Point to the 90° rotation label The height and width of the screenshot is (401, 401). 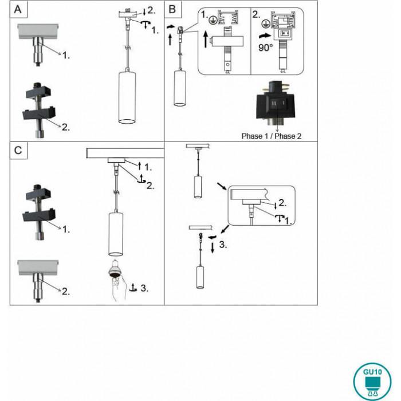pyautogui.click(x=266, y=48)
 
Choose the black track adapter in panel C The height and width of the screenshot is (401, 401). pyautogui.click(x=38, y=210)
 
